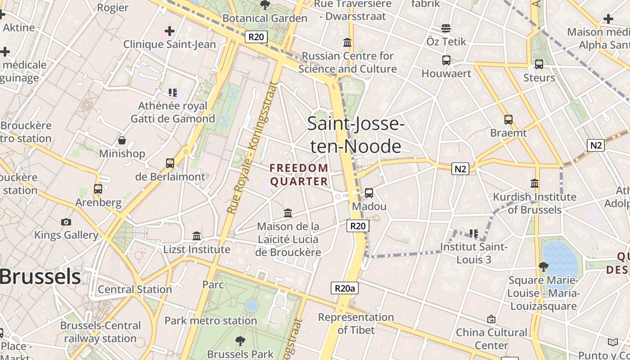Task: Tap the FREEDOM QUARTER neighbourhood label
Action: click(299, 175)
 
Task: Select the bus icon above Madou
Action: click(369, 193)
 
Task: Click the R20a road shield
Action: click(345, 288)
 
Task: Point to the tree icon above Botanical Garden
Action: click(265, 5)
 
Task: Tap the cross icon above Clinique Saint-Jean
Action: click(170, 31)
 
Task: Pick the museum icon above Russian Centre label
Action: click(347, 43)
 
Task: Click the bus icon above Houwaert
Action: click(446, 60)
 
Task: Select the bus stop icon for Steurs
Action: click(539, 64)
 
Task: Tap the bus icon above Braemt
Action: click(508, 120)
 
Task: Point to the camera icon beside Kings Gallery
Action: click(66, 222)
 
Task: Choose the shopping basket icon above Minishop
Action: click(121, 140)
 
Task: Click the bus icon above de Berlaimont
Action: click(170, 163)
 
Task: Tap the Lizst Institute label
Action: click(197, 249)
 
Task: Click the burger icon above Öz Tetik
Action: click(446, 29)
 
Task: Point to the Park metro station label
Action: click(211, 321)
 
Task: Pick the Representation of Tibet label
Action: click(356, 324)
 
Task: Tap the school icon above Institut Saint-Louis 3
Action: click(474, 234)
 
